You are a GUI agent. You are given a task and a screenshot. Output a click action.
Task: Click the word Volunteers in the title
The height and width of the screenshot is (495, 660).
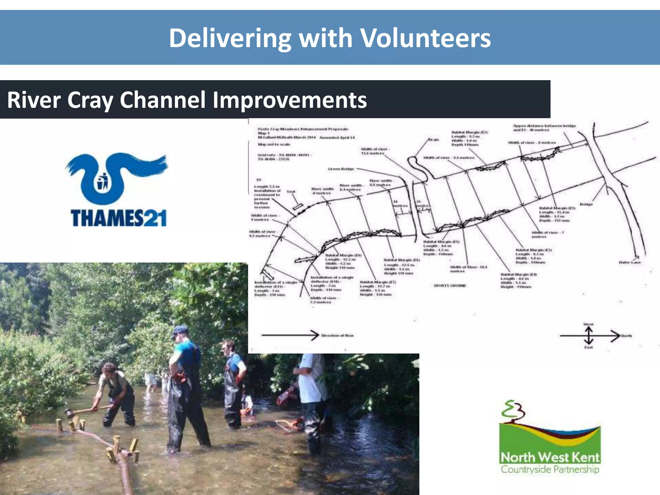coord(425,38)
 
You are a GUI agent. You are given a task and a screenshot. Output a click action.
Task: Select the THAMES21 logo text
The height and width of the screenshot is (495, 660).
coord(119,218)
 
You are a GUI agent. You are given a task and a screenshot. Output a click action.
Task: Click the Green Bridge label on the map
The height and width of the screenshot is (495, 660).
coord(341,169)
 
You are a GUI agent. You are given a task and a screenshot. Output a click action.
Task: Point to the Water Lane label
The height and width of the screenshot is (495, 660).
coord(629,262)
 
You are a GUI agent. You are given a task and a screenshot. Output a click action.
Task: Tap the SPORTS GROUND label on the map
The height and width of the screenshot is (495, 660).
coord(450,286)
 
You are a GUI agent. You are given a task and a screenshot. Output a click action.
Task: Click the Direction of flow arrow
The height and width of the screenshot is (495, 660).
coord(290,335)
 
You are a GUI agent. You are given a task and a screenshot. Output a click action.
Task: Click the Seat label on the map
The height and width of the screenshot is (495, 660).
coord(291,191)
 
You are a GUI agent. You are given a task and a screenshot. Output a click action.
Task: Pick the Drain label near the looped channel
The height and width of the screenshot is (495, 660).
coord(433,140)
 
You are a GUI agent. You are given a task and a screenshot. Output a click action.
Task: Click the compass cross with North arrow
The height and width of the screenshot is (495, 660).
coord(589,336)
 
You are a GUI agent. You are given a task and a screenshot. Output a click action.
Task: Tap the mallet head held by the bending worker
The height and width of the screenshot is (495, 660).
coord(68,412)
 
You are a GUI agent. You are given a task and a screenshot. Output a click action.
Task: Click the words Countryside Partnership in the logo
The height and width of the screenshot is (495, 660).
coord(550,469)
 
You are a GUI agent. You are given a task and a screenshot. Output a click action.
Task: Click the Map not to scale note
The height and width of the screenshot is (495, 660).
coord(274,144)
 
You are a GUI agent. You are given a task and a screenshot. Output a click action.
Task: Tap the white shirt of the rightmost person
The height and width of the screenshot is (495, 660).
coord(311,383)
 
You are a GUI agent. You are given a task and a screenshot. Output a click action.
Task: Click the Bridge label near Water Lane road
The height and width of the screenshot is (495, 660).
coord(586,204)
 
